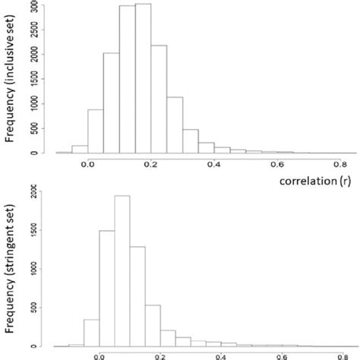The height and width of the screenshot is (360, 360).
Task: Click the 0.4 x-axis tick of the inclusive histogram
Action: coord(215,163)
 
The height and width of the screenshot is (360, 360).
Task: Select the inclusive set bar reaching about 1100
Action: coord(175,125)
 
